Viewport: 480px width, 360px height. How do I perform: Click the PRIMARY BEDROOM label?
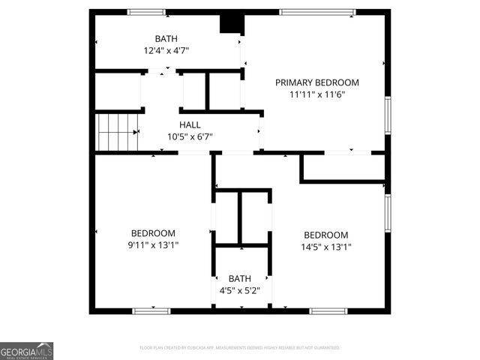point(316,82)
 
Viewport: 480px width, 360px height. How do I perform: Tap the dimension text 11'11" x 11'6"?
point(316,95)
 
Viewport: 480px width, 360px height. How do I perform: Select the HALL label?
point(190,124)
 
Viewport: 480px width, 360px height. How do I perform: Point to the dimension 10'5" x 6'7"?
point(190,136)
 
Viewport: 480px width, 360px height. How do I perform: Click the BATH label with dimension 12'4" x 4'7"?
point(166,38)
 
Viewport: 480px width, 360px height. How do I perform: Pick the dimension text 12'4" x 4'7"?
point(166,51)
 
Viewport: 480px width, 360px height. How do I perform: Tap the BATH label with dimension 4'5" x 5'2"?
point(240,278)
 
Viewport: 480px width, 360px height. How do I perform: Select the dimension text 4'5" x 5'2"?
point(240,290)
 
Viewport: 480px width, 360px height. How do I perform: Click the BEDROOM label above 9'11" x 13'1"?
point(153,233)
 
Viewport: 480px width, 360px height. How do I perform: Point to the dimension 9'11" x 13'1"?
point(153,245)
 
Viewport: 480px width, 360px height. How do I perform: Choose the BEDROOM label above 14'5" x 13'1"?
point(325,235)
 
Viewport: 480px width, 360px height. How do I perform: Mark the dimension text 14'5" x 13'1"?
point(325,247)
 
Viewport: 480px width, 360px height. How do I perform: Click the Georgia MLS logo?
point(27,351)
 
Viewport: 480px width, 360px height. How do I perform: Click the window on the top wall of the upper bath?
point(146,12)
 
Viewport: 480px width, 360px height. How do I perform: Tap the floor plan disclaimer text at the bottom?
point(240,348)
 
